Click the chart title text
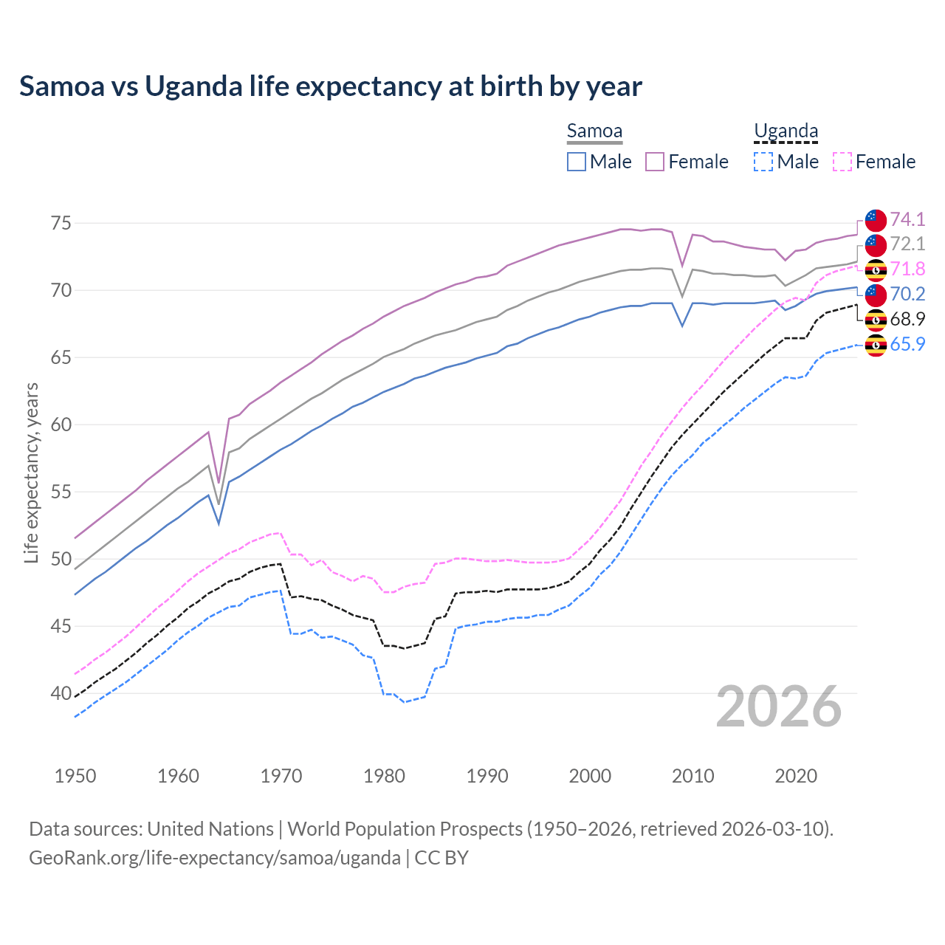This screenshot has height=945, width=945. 330,86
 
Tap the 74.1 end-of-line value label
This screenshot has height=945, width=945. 907,219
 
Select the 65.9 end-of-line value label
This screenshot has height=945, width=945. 907,344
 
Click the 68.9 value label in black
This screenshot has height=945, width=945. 907,319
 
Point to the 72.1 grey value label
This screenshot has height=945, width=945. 907,244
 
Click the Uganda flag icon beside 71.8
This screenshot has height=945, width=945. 876,269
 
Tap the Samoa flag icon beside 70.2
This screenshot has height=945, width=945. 876,295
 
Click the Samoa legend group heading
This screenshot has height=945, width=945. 594,131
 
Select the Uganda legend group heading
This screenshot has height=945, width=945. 786,131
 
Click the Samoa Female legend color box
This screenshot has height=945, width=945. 655,162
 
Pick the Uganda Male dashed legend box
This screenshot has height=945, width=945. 763,162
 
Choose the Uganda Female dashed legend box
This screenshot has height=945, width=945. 842,162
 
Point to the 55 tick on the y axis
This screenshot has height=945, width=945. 61,492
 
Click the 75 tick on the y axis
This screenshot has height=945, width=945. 61,223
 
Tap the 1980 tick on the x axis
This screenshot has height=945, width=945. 384,776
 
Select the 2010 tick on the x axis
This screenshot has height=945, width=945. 693,776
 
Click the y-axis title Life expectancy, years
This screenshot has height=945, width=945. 31,472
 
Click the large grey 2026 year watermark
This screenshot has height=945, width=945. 779,707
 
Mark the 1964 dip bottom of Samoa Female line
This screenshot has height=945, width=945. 219,482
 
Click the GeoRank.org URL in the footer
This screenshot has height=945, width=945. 214,858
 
